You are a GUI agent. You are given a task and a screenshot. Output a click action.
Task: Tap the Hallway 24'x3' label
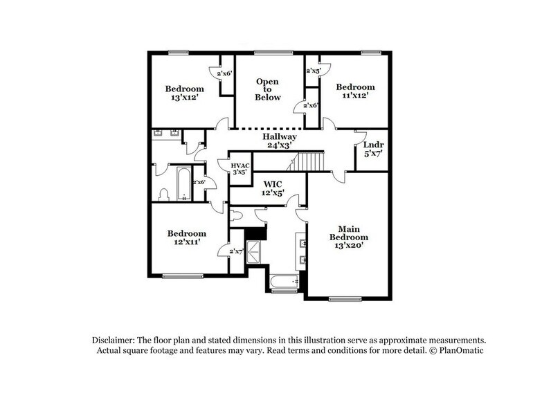pyautogui.click(x=280, y=141)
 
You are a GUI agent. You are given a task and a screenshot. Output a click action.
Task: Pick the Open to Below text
pyautogui.click(x=268, y=89)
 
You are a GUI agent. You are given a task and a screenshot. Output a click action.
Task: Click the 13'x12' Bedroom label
pyautogui.click(x=184, y=93)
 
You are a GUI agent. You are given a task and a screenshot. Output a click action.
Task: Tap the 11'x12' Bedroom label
pyautogui.click(x=355, y=91)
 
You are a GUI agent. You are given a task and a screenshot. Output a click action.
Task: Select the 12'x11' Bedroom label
pyautogui.click(x=186, y=237)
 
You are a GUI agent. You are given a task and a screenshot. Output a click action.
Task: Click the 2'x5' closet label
pyautogui.click(x=313, y=71)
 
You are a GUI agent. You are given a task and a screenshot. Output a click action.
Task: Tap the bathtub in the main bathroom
pyautogui.click(x=284, y=282)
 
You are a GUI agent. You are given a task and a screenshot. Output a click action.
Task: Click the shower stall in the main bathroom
pyautogui.click(x=255, y=250)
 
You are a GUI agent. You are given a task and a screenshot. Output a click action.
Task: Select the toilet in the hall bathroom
pyautogui.click(x=164, y=194)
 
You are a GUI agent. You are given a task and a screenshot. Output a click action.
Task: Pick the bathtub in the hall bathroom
pyautogui.click(x=184, y=183)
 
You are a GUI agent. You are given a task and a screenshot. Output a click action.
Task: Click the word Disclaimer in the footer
pyautogui.click(x=114, y=341)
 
